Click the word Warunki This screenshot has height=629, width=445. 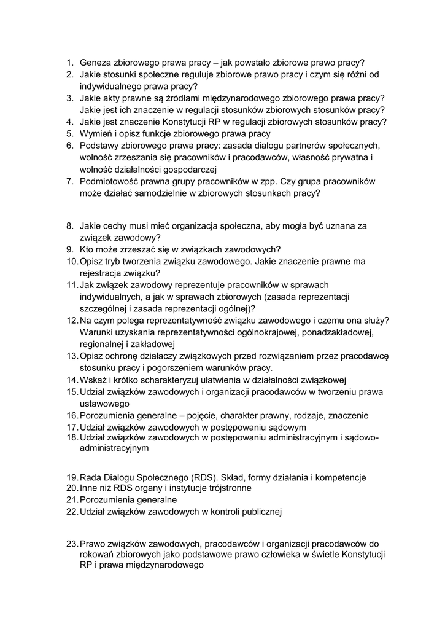pos(97,332)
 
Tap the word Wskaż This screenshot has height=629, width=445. pos(95,380)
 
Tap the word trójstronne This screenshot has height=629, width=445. pos(227,488)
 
